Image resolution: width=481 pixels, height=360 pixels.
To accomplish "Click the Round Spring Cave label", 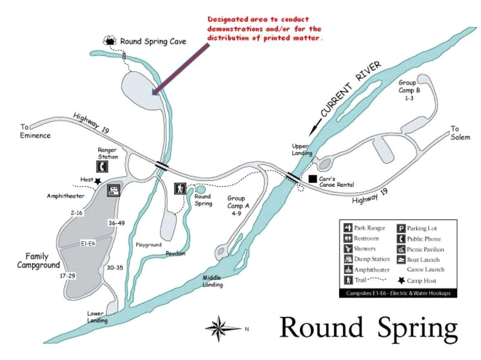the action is coord(153,41).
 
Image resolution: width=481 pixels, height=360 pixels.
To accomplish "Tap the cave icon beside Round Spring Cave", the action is coord(110,40).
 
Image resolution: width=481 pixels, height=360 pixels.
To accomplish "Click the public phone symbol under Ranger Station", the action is coord(102,167).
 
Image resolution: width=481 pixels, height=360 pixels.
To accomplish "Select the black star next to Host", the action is coord(98,181).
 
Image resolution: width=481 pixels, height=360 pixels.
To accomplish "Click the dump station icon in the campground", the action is coord(114,190).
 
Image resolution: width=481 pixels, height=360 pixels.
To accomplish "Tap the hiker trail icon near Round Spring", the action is coord(180,188).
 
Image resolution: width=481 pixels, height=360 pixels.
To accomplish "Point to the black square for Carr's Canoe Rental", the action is coord(312,179).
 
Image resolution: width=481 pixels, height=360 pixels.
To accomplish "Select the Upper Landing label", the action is coord(302,149).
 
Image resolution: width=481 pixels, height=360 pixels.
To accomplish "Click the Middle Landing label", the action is coord(212,281).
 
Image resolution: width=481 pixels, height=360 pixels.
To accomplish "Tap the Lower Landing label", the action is coord(97,317).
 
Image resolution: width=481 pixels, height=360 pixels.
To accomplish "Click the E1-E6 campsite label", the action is coord(88,243).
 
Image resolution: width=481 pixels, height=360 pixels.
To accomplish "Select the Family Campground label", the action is coord(38,261).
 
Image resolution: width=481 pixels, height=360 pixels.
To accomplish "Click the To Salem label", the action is coord(460,133).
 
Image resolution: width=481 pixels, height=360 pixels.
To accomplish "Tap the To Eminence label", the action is coord(35,131).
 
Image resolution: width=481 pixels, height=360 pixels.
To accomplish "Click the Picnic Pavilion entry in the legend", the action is coord(421,249).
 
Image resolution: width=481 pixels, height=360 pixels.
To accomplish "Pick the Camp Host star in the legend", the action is coord(401,280).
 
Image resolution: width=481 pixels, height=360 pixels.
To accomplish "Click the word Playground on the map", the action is coord(148,245).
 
